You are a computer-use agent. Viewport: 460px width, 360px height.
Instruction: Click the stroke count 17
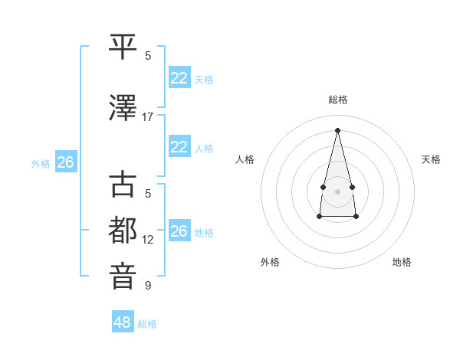148,117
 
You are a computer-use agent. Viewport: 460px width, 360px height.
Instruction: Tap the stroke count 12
148,240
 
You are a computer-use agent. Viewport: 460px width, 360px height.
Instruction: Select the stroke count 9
148,286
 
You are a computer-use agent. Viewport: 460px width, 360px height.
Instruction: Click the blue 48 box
123,322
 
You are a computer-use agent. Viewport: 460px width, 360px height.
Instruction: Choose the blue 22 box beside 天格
179,78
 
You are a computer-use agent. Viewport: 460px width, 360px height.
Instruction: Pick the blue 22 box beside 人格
179,148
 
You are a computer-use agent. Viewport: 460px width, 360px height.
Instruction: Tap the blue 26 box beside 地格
179,232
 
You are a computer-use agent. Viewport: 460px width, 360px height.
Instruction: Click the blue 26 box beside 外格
65,162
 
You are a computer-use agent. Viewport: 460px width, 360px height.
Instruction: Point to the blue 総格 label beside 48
147,324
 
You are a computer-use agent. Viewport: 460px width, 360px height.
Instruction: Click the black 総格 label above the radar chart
337,100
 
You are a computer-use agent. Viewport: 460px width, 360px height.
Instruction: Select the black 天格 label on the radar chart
431,159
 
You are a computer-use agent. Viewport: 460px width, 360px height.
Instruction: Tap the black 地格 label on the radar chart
402,262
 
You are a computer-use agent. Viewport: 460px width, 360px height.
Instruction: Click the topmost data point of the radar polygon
337,129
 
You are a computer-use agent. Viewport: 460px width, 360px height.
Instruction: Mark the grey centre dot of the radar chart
337,191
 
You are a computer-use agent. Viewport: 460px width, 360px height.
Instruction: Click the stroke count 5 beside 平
148,56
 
